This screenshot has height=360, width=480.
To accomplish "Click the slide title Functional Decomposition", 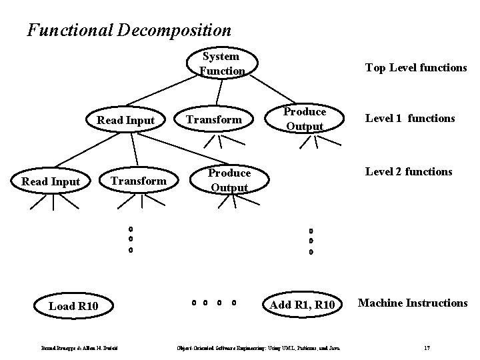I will (x=129, y=30).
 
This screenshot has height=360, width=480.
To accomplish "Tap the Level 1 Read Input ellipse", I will (x=126, y=120).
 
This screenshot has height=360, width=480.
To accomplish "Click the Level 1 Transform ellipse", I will (x=213, y=120).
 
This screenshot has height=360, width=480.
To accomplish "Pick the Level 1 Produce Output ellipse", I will (x=304, y=119).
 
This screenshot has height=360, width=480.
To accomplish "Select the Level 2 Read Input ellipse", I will (x=51, y=181).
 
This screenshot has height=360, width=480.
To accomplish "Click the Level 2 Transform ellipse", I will (x=138, y=181).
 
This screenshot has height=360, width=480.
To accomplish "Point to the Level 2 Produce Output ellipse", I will (x=229, y=180).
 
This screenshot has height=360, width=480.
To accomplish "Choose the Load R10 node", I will (x=73, y=306).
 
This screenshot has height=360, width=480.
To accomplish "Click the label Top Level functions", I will (x=415, y=67).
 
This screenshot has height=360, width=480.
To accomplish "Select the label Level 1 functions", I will (x=409, y=119).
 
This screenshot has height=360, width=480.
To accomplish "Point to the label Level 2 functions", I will (x=408, y=172).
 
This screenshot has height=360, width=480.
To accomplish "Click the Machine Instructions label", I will (x=413, y=303).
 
